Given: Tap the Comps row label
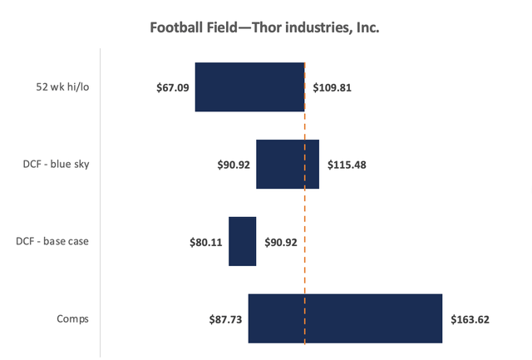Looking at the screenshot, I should [72, 318].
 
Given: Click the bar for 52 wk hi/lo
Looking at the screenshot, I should [249, 87].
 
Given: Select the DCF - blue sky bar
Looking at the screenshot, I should [287, 164].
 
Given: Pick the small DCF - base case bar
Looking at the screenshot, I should [242, 241].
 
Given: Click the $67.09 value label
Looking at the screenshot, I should [172, 87].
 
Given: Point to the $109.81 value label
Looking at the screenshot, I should [332, 87].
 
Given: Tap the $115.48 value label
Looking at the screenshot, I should [347, 165].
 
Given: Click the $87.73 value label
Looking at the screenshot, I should [225, 318].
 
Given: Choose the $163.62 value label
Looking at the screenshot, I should [470, 318].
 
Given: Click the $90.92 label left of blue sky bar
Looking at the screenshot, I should [233, 165].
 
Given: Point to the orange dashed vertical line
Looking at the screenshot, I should [304, 208].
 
